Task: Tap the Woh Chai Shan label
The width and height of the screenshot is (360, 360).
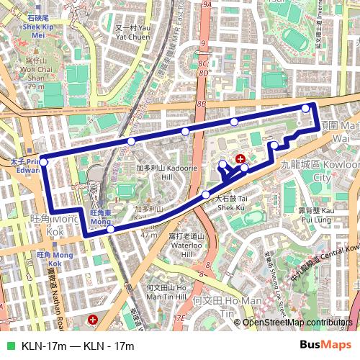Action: tap(35, 73)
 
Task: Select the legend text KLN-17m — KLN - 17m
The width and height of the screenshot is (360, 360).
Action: tap(78, 346)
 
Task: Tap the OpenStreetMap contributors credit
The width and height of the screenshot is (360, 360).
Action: tap(298, 322)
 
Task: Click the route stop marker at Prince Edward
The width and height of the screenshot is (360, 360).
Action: tap(44, 162)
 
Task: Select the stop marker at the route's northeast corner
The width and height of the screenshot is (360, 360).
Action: tap(306, 108)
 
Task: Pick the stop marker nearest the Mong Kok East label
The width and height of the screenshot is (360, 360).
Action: tap(111, 229)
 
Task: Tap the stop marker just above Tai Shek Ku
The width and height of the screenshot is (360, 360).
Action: tap(206, 194)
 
